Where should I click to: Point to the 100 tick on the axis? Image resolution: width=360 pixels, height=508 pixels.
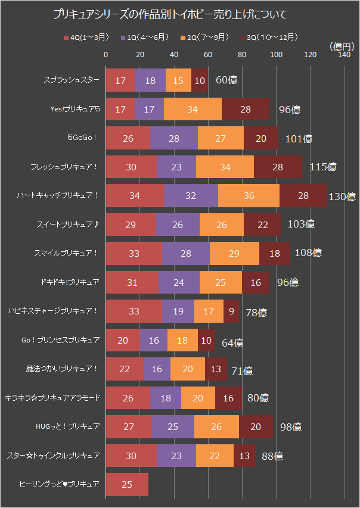point(276,55)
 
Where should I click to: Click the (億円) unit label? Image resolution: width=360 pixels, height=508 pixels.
point(340,46)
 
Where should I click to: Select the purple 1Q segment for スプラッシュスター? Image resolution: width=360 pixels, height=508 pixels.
point(150,80)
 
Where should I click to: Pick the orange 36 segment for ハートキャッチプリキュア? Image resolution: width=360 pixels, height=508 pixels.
point(249,195)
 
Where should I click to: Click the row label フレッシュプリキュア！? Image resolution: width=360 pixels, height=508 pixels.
point(69,167)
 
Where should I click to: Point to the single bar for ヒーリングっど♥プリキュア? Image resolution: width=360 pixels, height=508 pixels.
point(126,484)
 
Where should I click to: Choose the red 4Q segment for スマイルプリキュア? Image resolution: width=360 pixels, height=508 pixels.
point(134,253)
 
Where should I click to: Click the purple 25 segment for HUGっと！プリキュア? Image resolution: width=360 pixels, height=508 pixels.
point(173,426)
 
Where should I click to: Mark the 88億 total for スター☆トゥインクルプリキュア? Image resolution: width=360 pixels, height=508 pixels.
point(272,456)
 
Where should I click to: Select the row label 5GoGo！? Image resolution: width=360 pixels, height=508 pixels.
point(83,138)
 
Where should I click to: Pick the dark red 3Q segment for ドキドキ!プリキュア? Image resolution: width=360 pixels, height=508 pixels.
point(255,282)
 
